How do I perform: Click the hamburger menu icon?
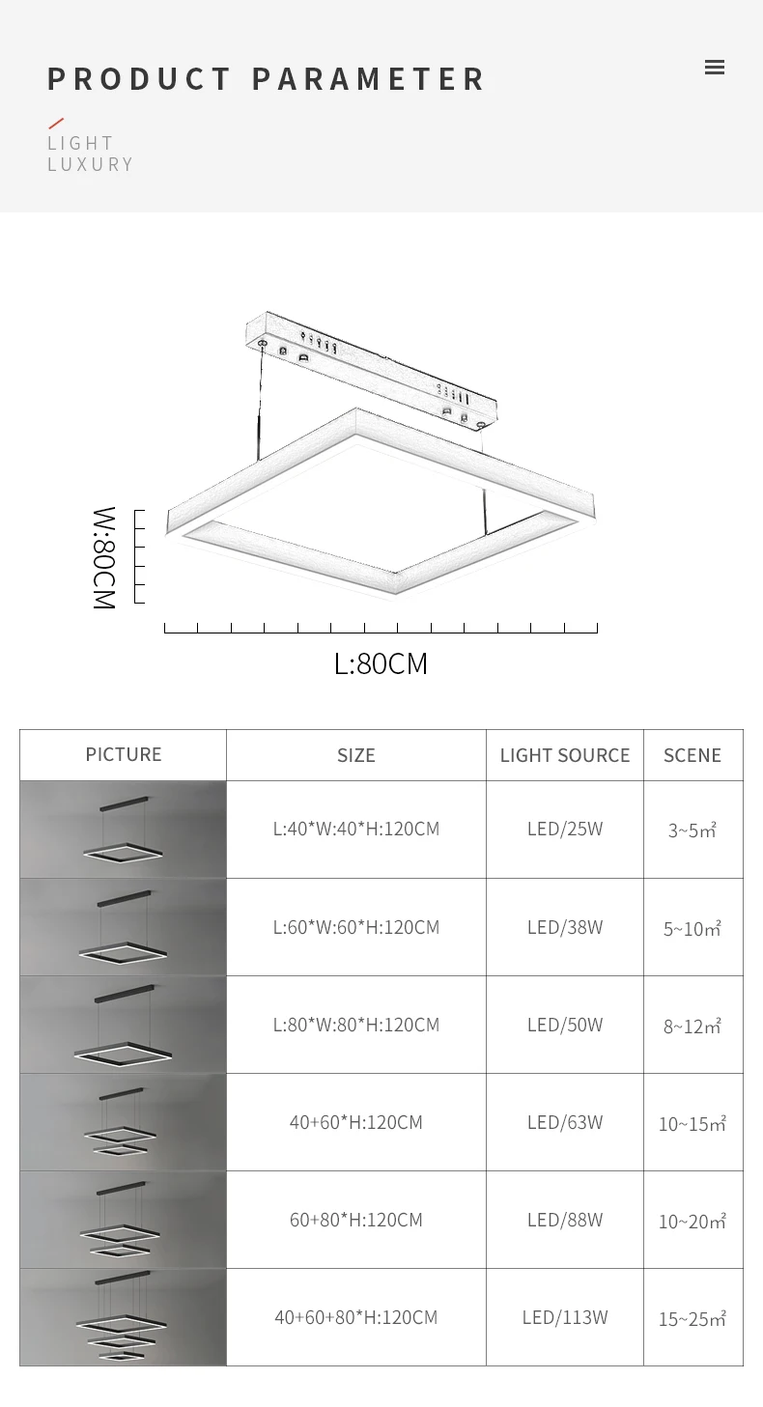tap(715, 68)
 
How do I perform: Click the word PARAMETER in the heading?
tap(369, 79)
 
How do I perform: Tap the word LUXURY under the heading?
tap(91, 164)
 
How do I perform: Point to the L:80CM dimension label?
tap(381, 664)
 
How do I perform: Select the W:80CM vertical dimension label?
tap(103, 557)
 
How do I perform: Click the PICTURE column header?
tap(124, 754)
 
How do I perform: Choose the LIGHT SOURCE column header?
tap(565, 755)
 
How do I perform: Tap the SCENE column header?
tap(692, 755)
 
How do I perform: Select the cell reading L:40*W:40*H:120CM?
tap(355, 829)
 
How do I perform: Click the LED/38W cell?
tap(565, 927)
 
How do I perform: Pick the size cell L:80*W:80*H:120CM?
tap(355, 1025)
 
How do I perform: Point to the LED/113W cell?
tap(565, 1317)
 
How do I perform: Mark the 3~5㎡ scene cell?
tap(692, 830)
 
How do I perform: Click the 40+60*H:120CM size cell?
tap(355, 1122)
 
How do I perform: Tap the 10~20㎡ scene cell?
tap(692, 1222)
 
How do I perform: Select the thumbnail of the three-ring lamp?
tap(123, 1317)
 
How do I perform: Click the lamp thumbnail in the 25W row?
tap(123, 829)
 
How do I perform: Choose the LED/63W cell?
tap(565, 1122)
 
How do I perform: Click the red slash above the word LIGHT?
tap(56, 124)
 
